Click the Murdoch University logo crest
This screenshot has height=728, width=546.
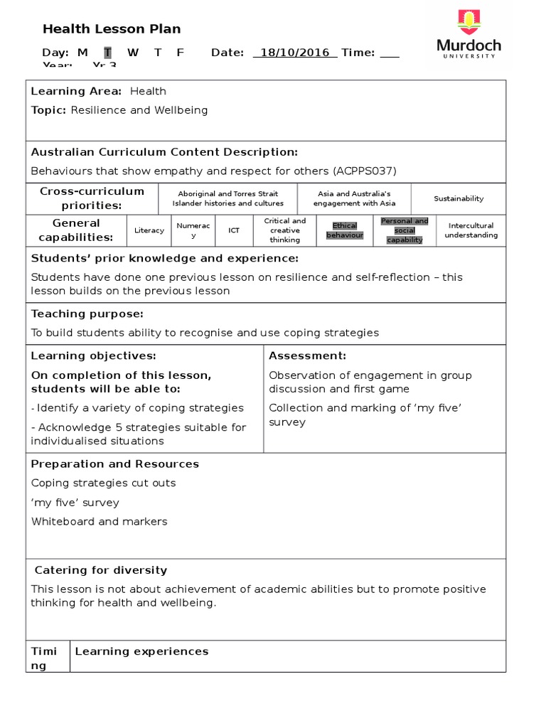(x=469, y=23)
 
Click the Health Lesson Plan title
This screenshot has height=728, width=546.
(x=112, y=29)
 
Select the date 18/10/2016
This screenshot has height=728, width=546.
(x=295, y=53)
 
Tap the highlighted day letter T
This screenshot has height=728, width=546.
(x=108, y=53)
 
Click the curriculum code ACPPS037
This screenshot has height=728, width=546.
(x=361, y=171)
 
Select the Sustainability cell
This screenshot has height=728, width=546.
(x=459, y=199)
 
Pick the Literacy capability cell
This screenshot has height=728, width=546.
(x=149, y=230)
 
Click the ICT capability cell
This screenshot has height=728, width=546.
(x=234, y=230)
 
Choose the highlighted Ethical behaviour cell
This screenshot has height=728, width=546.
(x=345, y=230)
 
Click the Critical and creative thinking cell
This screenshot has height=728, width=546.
(x=284, y=230)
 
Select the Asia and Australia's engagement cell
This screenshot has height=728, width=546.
(x=354, y=198)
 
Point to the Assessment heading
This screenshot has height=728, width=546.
(x=308, y=355)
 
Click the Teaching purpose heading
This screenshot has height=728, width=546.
(x=87, y=314)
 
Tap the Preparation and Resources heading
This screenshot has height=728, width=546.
(x=115, y=464)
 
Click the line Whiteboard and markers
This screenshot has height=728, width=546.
(x=100, y=521)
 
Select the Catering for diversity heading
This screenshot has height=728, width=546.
(x=101, y=570)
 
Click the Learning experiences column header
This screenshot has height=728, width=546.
(x=142, y=651)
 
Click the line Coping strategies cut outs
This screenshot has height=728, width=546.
(x=104, y=483)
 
